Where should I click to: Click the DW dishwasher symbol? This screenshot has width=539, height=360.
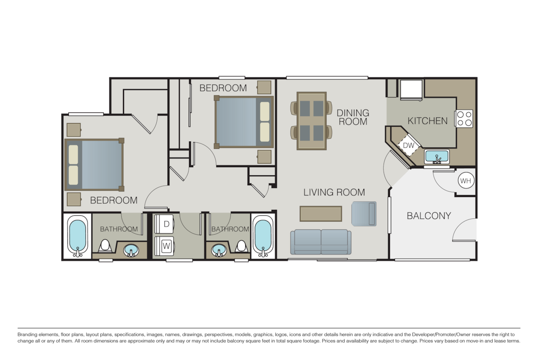tap(408, 145)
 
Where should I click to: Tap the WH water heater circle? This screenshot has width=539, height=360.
tap(465, 181)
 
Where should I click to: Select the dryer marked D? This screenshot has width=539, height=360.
tap(166, 223)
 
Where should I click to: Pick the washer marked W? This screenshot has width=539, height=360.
tap(166, 246)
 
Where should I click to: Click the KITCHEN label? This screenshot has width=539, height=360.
tap(427, 120)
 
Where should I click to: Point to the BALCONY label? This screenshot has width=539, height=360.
tap(429, 216)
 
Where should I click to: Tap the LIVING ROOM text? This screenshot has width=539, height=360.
tap(334, 192)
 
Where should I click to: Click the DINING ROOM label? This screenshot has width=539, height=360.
tap(353, 117)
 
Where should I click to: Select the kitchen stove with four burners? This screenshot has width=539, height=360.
tap(464, 118)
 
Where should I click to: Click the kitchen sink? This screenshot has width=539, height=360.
tap(436, 158)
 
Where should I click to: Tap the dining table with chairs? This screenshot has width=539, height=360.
tap(312, 120)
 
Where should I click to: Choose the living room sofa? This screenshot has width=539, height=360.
tap(321, 242)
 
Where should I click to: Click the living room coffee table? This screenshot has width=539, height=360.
tap(321, 213)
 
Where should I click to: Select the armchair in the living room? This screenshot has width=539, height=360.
tap(363, 213)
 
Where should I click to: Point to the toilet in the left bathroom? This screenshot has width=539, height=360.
tap(105, 247)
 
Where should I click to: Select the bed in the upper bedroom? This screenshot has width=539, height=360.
tap(244, 121)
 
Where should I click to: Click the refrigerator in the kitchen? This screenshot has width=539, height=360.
tap(411, 89)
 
